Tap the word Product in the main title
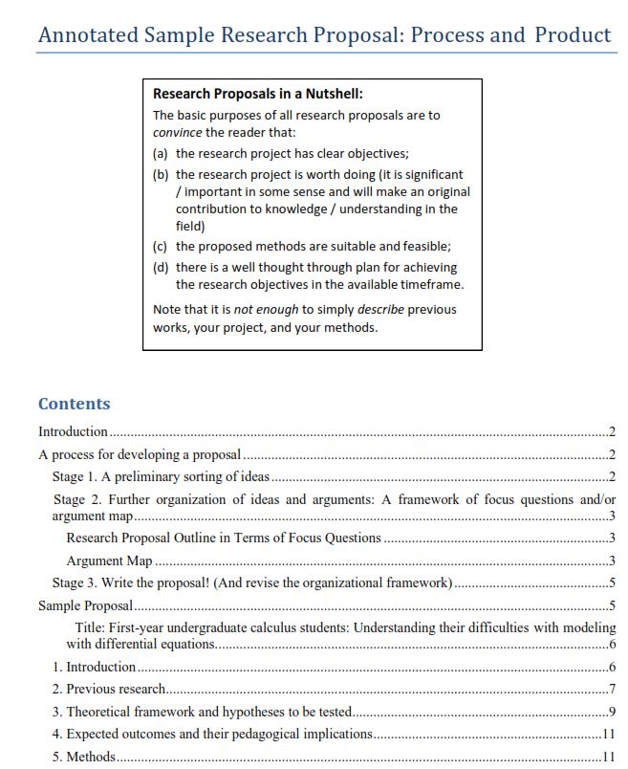point(572,35)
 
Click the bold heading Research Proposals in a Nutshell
point(258,94)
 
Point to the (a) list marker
point(161,153)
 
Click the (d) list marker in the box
point(161,268)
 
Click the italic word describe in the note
point(380,310)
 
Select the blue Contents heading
point(75,404)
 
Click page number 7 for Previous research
point(612,689)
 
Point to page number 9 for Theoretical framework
point(612,712)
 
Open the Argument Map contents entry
point(108,560)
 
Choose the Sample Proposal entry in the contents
point(85,605)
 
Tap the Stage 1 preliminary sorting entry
point(161,477)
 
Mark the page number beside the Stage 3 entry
point(612,583)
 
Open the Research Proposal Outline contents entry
point(224,538)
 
